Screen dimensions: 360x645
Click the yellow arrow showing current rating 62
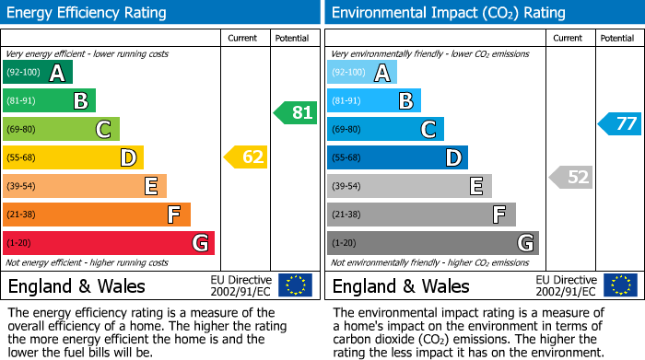[246, 157]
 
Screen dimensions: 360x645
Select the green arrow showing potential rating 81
[295, 113]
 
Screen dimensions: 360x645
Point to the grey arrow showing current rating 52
[570, 177]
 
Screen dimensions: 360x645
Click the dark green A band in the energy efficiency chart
[37, 73]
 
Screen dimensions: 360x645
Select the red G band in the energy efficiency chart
[108, 243]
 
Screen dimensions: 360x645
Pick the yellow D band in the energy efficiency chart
[73, 157]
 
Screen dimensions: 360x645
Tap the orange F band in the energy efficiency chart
[96, 215]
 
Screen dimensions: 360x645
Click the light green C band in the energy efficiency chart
[61, 129]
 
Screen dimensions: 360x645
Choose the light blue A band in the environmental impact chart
[361, 73]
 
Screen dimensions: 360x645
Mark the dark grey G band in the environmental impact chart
[432, 243]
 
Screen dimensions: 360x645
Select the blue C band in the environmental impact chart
[385, 129]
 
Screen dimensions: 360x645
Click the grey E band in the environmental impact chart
[409, 186]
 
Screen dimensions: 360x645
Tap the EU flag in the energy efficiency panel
[295, 285]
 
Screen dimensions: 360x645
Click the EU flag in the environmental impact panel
[619, 285]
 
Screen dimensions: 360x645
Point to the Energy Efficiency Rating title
[88, 13]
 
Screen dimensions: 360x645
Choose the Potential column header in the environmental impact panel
[617, 38]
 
